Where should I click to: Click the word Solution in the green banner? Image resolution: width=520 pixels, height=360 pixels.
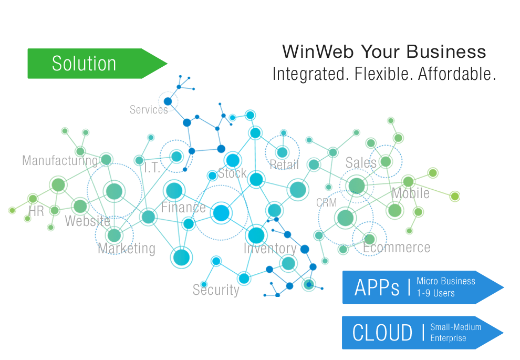click(x=84, y=64)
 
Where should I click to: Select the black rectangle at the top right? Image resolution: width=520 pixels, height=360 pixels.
click(x=384, y=63)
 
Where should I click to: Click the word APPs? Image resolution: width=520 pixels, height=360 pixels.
click(x=377, y=288)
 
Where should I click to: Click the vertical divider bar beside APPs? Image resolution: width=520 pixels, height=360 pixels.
click(x=409, y=287)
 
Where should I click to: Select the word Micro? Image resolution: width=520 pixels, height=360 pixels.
click(x=428, y=281)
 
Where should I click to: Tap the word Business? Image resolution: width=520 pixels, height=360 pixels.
click(x=459, y=281)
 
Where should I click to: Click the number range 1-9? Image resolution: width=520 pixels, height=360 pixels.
click(x=423, y=293)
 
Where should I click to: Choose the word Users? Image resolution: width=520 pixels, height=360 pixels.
click(x=444, y=293)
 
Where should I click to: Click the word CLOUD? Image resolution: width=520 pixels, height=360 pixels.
click(x=382, y=333)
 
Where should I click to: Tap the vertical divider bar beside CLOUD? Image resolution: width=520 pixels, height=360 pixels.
click(x=423, y=333)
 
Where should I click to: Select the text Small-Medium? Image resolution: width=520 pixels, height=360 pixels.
click(x=455, y=327)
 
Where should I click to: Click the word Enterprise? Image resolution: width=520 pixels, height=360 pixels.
click(x=448, y=338)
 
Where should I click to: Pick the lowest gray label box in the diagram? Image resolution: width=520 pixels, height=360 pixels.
click(x=216, y=290)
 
